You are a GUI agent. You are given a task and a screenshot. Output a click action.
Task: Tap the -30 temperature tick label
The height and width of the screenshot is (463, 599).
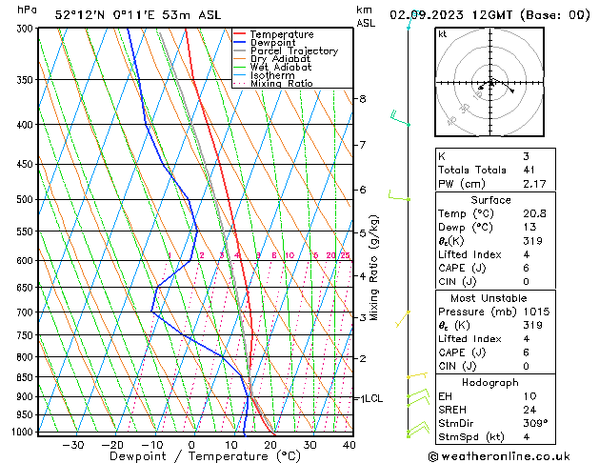72,444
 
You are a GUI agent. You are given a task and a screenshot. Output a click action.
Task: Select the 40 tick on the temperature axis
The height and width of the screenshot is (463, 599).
349,444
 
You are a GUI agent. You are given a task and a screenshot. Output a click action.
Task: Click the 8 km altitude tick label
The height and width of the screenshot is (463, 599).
362,99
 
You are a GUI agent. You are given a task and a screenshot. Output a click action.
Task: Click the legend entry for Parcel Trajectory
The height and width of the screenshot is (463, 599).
293,50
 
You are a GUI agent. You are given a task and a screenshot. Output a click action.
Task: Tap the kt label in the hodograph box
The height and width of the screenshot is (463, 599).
443,34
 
